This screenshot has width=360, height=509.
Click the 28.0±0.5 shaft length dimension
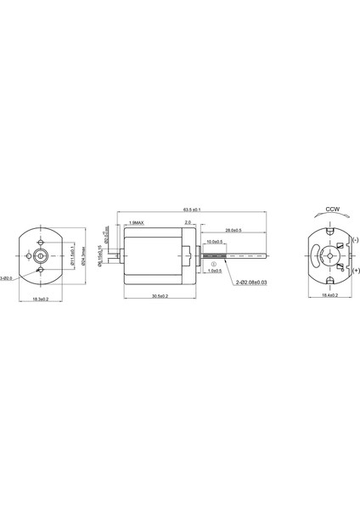tap(233, 230)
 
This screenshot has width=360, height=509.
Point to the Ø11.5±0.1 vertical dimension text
tap(73, 255)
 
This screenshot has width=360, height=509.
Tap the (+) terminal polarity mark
tap(355, 270)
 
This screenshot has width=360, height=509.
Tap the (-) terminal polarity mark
tap(354, 239)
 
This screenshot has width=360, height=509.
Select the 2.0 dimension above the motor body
tap(188, 223)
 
